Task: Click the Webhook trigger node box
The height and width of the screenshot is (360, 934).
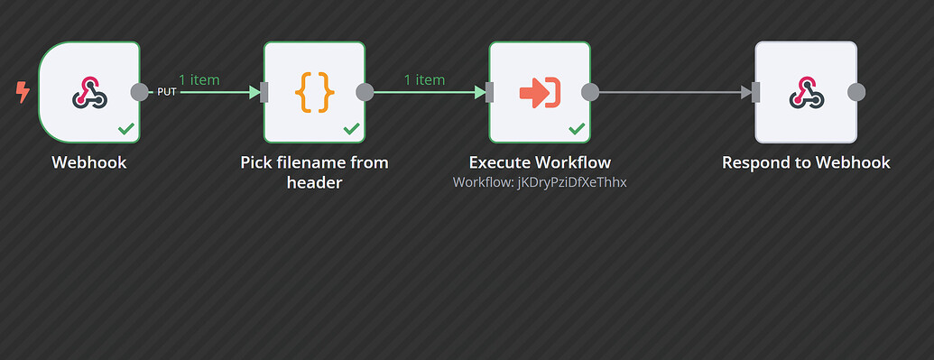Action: point(89,92)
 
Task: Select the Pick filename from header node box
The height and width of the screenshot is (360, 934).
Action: point(314,92)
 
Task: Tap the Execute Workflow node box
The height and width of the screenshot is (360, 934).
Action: point(540,92)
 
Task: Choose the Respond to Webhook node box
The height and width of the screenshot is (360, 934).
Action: point(805,92)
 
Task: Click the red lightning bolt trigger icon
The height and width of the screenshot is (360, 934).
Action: point(23,91)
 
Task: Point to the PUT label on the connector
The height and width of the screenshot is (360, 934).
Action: point(166,92)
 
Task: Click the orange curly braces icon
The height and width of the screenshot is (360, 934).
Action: point(314,92)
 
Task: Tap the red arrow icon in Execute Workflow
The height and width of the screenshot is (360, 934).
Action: point(540,92)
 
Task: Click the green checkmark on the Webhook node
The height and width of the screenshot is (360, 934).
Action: point(126,130)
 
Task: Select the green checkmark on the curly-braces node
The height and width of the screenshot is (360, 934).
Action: point(352,130)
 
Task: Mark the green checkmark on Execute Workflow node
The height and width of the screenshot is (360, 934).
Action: point(577,130)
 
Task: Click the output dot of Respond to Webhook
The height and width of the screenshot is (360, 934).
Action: point(856,92)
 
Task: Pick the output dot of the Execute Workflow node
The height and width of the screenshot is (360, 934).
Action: point(590,92)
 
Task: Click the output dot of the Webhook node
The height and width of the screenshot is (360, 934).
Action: point(140,92)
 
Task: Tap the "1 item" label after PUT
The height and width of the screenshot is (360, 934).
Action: point(199,79)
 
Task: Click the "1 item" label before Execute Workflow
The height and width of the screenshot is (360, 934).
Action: point(424,79)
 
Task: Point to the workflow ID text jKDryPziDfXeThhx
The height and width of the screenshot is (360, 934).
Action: point(540,182)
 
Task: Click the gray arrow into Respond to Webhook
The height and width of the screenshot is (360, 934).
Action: point(745,92)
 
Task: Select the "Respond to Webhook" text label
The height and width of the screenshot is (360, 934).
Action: point(806,163)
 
